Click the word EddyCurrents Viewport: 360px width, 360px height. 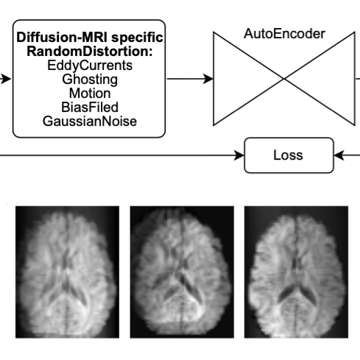tap(90, 66)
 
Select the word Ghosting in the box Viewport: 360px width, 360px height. tap(90, 80)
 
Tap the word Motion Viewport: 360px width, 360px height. tap(90, 93)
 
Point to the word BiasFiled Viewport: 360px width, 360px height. tap(90, 107)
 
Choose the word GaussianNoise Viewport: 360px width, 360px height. tap(90, 121)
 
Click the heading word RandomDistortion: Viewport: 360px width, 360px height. tap(90, 52)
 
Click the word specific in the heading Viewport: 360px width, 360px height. tap(137, 38)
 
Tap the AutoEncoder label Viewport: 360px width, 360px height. tap(284, 34)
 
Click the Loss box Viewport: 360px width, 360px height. tap(289, 155)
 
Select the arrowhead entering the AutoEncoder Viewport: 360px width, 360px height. tap(208, 79)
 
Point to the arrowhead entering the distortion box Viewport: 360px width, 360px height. tap(6, 79)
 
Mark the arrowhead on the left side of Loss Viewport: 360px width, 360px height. tap(239, 155)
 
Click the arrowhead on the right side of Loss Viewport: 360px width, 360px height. tap(339, 155)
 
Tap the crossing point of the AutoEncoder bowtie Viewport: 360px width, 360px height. tap(284, 79)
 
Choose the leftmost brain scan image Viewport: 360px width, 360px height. tap(67, 272)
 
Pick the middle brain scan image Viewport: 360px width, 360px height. tap(182, 272)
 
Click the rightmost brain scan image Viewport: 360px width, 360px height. tap(296, 272)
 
